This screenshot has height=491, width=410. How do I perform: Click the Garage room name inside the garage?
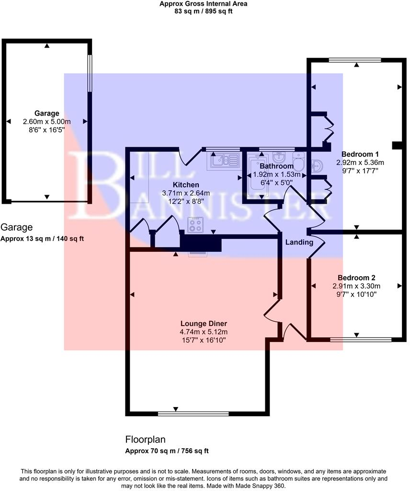[46, 114]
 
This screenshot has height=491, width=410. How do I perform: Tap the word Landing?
[299, 242]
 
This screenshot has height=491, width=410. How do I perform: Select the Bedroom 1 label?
[360, 154]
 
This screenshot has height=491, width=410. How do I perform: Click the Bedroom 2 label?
[356, 278]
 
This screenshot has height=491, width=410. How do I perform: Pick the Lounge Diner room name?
[204, 323]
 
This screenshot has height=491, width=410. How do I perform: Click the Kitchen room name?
[186, 185]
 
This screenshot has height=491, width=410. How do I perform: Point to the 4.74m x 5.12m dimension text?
[204, 331]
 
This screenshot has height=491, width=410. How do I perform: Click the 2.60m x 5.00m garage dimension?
[46, 122]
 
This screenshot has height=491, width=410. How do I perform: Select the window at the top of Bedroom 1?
[355, 60]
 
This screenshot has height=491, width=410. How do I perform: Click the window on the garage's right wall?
[89, 73]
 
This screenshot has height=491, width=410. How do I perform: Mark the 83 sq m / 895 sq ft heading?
[204, 12]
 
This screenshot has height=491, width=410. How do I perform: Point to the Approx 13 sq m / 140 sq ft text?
[43, 238]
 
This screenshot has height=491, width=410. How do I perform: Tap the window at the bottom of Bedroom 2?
[361, 339]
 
